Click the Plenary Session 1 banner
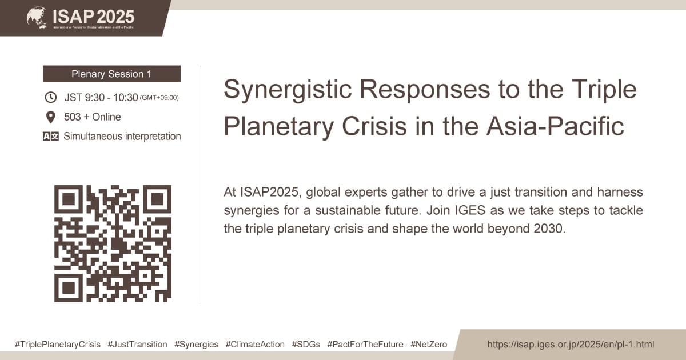point(111,74)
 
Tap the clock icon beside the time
point(50,97)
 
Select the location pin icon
point(50,117)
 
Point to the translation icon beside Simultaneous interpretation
point(50,137)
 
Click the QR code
point(113,243)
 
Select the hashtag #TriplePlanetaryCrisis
point(58,345)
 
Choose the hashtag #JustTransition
point(137,345)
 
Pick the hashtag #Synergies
point(196,345)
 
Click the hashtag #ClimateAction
point(254,345)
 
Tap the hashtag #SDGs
point(305,345)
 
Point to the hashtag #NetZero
point(429,345)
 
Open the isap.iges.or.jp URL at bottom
point(570,345)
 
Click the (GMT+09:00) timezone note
point(159,98)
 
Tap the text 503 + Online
point(92,117)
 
